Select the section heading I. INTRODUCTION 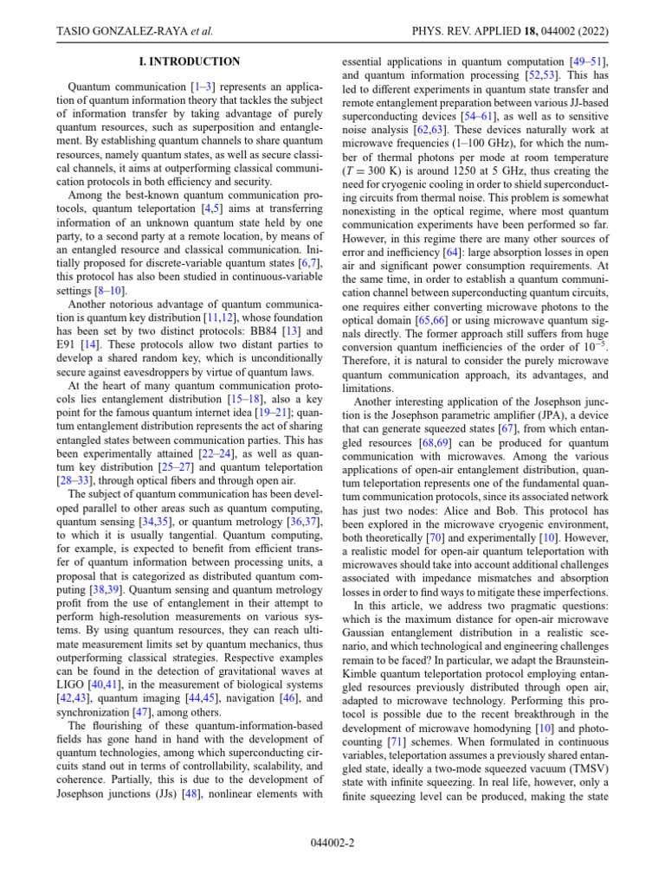tap(190, 62)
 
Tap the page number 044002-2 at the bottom tap(332, 842)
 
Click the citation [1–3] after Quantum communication tap(204, 88)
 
